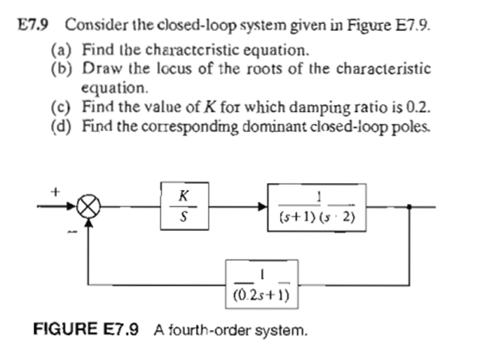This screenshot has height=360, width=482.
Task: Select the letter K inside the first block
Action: coord(183,196)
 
